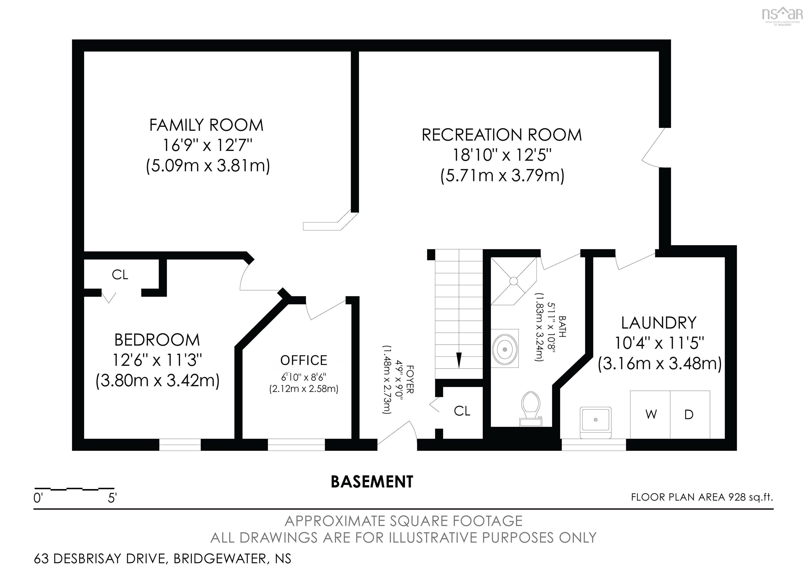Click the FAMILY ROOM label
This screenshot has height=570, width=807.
pos(206,125)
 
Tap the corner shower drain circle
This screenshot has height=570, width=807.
pos(514,281)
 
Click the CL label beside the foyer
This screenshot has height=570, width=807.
pos(462,411)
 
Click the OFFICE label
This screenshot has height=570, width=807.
pos(304,360)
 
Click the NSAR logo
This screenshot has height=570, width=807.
pos(782,15)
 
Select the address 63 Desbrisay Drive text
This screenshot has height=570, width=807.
pos(162,558)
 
